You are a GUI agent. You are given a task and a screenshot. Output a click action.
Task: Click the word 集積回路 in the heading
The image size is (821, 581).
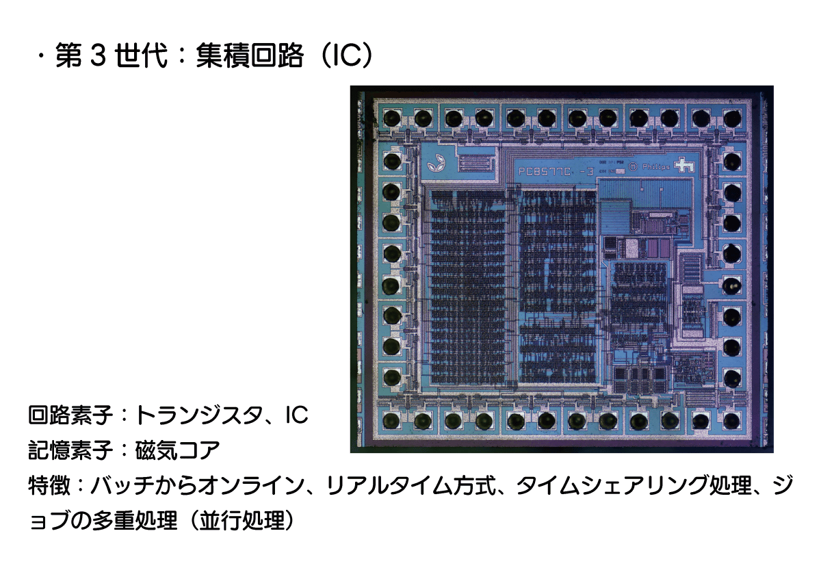[250, 55]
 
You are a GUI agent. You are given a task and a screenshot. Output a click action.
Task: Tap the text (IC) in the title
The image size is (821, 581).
[346, 55]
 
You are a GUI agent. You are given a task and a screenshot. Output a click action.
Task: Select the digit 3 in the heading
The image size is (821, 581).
[98, 55]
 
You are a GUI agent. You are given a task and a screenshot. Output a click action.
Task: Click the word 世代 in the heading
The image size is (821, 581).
[141, 55]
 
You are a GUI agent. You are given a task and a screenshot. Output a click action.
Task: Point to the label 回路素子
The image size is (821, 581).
[70, 415]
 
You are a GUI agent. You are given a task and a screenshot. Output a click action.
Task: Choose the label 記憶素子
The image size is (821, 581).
[70, 450]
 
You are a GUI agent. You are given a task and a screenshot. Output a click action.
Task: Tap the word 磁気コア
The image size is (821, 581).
[177, 450]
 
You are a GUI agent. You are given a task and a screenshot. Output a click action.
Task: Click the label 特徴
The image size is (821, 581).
[49, 485]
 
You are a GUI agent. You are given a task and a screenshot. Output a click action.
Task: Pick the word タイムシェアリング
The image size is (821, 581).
[612, 485]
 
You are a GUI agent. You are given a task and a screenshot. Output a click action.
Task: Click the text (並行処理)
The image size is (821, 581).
[242, 520]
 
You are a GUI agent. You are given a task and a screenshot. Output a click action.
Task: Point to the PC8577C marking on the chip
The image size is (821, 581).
[545, 171]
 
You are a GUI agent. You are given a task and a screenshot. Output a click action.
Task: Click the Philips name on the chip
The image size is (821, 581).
[655, 167]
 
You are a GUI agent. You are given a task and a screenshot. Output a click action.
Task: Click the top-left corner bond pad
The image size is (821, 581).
[392, 118]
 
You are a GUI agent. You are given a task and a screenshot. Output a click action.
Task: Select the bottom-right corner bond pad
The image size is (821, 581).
[731, 421]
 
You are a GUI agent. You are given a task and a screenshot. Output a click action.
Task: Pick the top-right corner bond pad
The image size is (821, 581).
[732, 118]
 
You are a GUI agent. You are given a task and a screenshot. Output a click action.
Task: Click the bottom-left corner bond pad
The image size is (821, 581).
[391, 421]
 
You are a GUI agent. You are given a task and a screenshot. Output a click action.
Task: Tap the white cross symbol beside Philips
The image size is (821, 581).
[683, 165]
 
